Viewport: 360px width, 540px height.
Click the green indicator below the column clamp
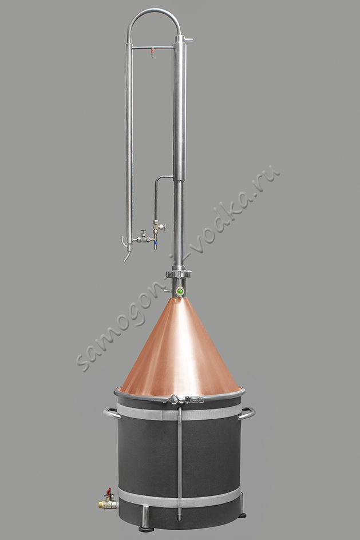point(180,291)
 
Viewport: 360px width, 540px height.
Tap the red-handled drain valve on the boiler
point(109,491)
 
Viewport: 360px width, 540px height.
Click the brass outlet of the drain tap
point(102,505)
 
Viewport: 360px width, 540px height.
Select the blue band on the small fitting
point(156,245)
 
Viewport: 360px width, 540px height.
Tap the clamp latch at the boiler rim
point(187,400)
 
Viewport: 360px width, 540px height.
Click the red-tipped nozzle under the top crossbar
point(152,53)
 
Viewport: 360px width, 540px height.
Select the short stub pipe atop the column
point(189,40)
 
